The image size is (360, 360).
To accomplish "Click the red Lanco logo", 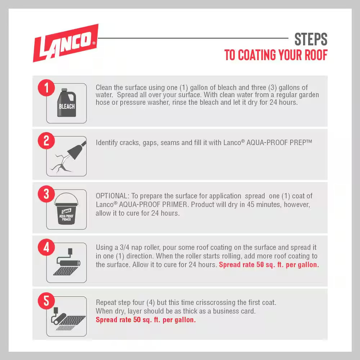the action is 66,43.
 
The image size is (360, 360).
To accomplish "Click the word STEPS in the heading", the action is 311,39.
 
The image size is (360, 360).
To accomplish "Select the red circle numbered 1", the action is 46,88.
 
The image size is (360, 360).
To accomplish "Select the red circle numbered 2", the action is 46,141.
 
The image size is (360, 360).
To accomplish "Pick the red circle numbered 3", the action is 46,194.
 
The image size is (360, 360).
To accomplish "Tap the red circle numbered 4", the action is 46,247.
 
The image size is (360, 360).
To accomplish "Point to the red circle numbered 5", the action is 46,301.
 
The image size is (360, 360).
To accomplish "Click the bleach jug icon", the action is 67,103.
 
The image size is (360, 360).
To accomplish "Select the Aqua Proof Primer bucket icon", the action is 66,209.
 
